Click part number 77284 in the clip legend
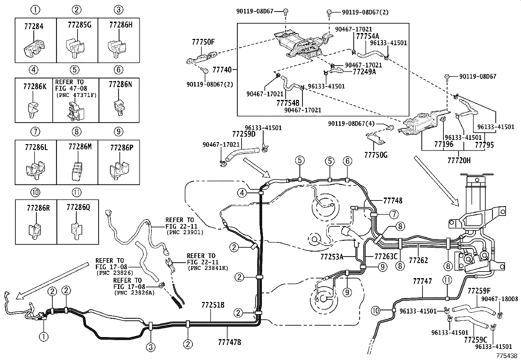[x=34, y=26]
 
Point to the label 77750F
[x=203, y=42]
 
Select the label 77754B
[x=288, y=103]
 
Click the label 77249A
[x=364, y=72]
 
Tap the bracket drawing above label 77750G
[x=375, y=139]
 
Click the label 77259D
[x=244, y=134]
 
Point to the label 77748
[x=393, y=200]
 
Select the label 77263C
[x=386, y=256]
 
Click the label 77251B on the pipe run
[x=213, y=305]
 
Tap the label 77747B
[x=229, y=342]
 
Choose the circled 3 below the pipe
[x=151, y=347]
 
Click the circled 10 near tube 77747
[x=376, y=310]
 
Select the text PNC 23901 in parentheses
[x=185, y=232]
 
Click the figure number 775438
[x=507, y=355]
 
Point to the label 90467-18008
[x=499, y=299]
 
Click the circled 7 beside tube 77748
[x=394, y=215]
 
